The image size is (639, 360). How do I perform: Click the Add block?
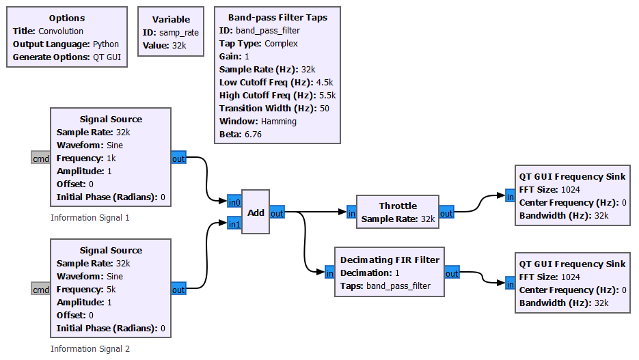[256, 212]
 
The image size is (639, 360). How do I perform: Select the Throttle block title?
[398, 206]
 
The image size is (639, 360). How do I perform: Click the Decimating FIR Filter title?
[390, 260]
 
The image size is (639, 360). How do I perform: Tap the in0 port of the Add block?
[234, 202]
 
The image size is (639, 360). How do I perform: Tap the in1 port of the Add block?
[234, 223]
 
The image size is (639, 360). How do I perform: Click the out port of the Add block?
[277, 213]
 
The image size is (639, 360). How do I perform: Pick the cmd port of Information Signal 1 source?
[41, 158]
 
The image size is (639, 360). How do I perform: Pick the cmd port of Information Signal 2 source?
[41, 290]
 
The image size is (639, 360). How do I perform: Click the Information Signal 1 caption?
[90, 218]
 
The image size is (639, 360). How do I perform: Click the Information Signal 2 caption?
[90, 349]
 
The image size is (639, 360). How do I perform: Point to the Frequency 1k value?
[111, 158]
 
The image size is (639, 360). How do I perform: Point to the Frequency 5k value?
[111, 290]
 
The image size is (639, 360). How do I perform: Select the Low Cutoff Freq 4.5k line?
[277, 83]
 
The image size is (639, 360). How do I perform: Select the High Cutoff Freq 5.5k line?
[277, 96]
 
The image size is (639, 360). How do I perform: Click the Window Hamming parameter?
[258, 122]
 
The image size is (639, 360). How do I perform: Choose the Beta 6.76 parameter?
[241, 135]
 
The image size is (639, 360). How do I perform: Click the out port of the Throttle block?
[446, 213]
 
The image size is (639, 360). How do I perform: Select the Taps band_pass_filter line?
[385, 286]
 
